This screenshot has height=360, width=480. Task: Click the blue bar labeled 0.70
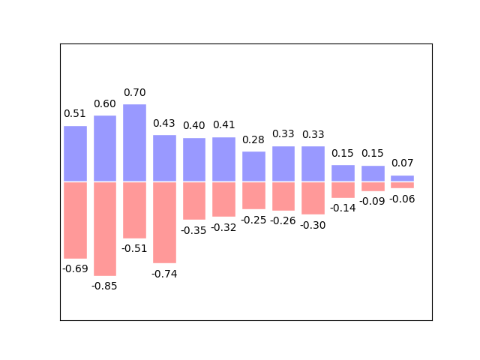click(x=135, y=143)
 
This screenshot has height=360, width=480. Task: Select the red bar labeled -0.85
click(x=105, y=229)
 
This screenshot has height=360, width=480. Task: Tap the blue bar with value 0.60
click(x=105, y=148)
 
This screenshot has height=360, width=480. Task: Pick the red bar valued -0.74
click(x=165, y=223)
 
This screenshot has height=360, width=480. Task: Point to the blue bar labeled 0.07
click(x=402, y=178)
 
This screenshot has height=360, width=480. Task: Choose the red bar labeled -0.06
click(x=402, y=185)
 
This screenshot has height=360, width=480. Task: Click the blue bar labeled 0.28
click(x=253, y=166)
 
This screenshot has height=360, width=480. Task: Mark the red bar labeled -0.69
click(x=75, y=220)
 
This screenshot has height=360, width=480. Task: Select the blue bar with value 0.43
click(x=165, y=158)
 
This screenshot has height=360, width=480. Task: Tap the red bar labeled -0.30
click(x=313, y=198)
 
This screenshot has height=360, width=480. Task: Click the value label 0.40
click(x=194, y=125)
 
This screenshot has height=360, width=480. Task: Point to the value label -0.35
click(x=193, y=230)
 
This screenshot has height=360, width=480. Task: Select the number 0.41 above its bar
click(x=224, y=125)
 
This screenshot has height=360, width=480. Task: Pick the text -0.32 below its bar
click(x=223, y=228)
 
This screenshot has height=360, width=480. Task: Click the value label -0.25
click(x=253, y=220)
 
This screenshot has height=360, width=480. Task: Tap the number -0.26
click(x=283, y=220)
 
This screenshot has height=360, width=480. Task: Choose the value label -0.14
click(x=343, y=208)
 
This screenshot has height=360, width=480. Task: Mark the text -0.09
click(x=372, y=202)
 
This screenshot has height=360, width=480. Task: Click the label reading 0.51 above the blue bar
click(x=75, y=113)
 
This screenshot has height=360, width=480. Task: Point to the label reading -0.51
click(x=134, y=248)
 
